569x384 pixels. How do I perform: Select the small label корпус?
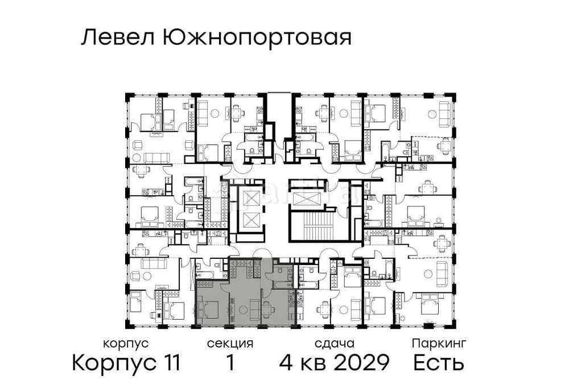tap(126, 344)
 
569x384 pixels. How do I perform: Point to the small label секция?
tap(230, 344)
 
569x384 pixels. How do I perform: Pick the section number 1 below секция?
tap(230, 362)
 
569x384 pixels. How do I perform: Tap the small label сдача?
tap(335, 344)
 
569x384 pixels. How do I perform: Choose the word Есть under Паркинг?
tap(439, 362)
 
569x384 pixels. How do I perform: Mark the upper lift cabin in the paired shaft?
tap(251, 198)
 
